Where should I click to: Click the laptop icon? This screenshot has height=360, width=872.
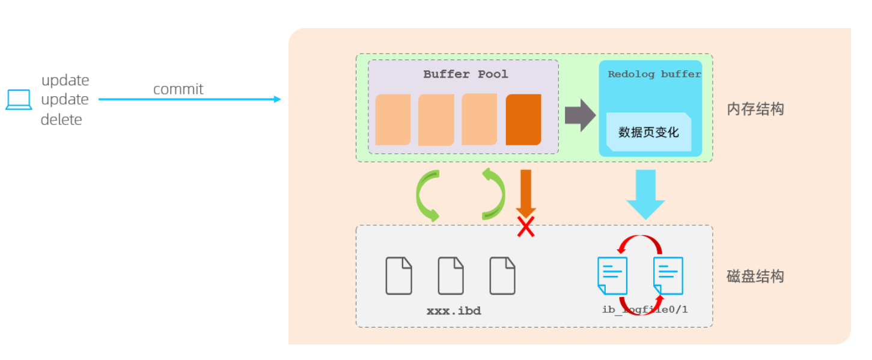click(x=19, y=100)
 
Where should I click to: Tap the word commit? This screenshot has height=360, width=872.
click(x=178, y=90)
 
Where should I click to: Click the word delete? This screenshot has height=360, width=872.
click(x=61, y=120)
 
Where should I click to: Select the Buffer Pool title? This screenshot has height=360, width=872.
click(x=465, y=75)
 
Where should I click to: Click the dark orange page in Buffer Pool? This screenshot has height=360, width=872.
click(x=523, y=120)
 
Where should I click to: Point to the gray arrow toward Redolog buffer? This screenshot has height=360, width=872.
click(x=579, y=115)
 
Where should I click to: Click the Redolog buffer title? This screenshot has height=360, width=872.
click(x=654, y=75)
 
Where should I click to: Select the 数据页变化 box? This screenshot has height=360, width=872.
click(x=648, y=132)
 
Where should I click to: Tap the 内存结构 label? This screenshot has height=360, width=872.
click(x=755, y=109)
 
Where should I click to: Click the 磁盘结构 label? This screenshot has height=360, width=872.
click(x=755, y=276)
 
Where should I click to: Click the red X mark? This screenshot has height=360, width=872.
click(x=526, y=227)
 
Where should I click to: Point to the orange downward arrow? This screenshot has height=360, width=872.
click(x=526, y=191)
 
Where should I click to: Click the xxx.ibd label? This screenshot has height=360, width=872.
click(x=454, y=311)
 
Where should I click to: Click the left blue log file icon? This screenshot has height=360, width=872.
click(x=612, y=276)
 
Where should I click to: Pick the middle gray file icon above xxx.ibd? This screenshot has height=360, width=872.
click(x=451, y=276)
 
